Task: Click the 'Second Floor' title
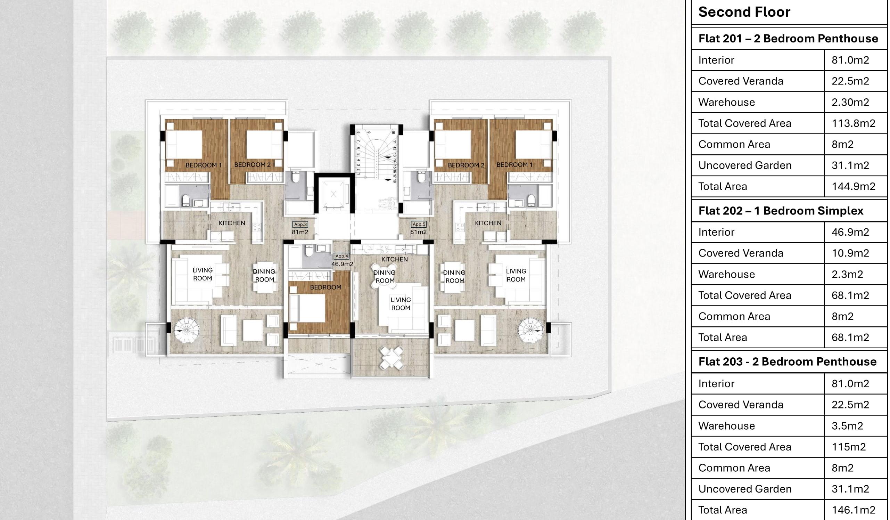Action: click(744, 12)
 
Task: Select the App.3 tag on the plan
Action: click(300, 225)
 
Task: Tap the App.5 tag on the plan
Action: click(419, 224)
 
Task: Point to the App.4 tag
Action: click(341, 256)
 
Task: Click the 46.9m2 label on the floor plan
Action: click(342, 264)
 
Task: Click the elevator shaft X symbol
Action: click(333, 194)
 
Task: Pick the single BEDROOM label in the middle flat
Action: click(325, 287)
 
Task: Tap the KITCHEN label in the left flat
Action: click(232, 223)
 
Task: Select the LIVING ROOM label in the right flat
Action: click(516, 275)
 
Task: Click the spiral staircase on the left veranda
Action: click(187, 330)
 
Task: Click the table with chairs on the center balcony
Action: click(391, 358)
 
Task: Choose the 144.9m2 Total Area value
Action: click(853, 186)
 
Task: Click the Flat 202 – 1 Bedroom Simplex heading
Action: click(781, 211)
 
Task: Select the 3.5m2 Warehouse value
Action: click(847, 425)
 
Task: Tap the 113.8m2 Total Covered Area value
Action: click(853, 123)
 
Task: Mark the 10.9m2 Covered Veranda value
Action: click(850, 253)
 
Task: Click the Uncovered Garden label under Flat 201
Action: click(745, 165)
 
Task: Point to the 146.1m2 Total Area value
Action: click(853, 510)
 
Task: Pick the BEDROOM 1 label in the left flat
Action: click(204, 165)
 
